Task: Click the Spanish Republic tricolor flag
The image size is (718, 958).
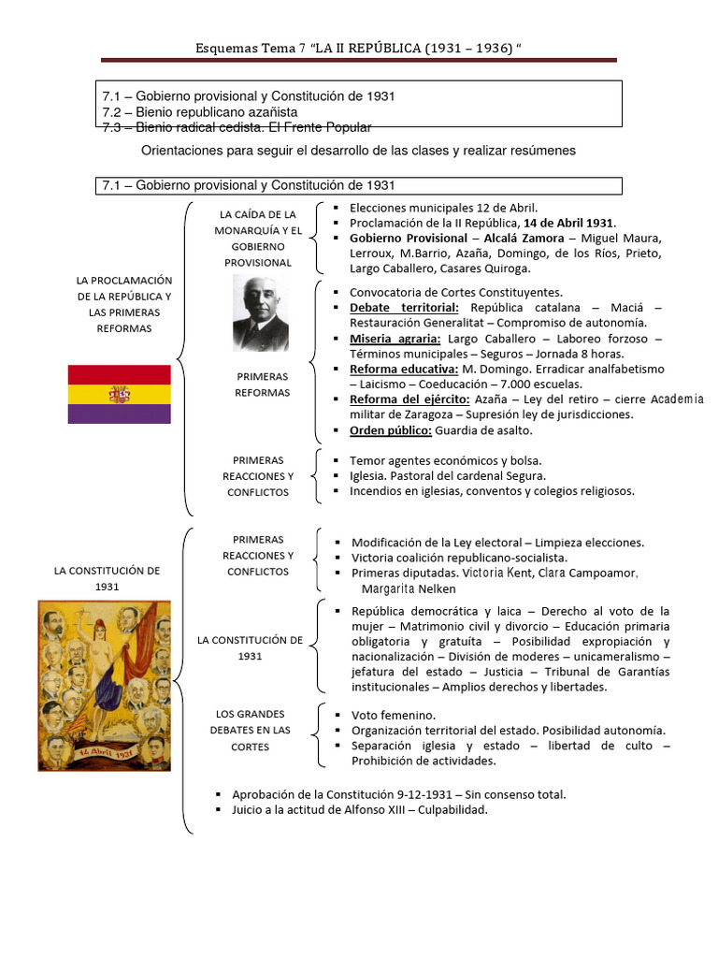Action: [x=119, y=394]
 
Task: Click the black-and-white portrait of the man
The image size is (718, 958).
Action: [x=261, y=313]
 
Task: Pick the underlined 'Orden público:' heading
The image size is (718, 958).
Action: [x=390, y=430]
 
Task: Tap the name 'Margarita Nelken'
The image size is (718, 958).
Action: [x=409, y=588]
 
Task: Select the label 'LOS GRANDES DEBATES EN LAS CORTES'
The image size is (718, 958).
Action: [x=250, y=731]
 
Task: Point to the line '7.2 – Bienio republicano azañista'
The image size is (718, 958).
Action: [x=200, y=111]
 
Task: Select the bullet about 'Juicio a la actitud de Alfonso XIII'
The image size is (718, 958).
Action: [x=360, y=810]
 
